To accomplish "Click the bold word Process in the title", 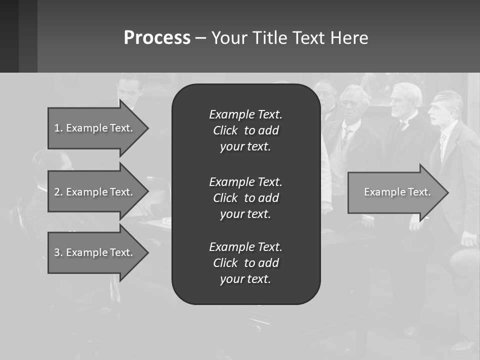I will [157, 38].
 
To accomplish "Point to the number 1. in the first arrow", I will [58, 128].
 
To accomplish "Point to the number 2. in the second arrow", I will [58, 192].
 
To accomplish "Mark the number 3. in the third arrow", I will [58, 252].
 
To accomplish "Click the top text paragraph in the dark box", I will [245, 130].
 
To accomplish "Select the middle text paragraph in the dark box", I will [245, 198].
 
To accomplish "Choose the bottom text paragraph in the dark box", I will [245, 263].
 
